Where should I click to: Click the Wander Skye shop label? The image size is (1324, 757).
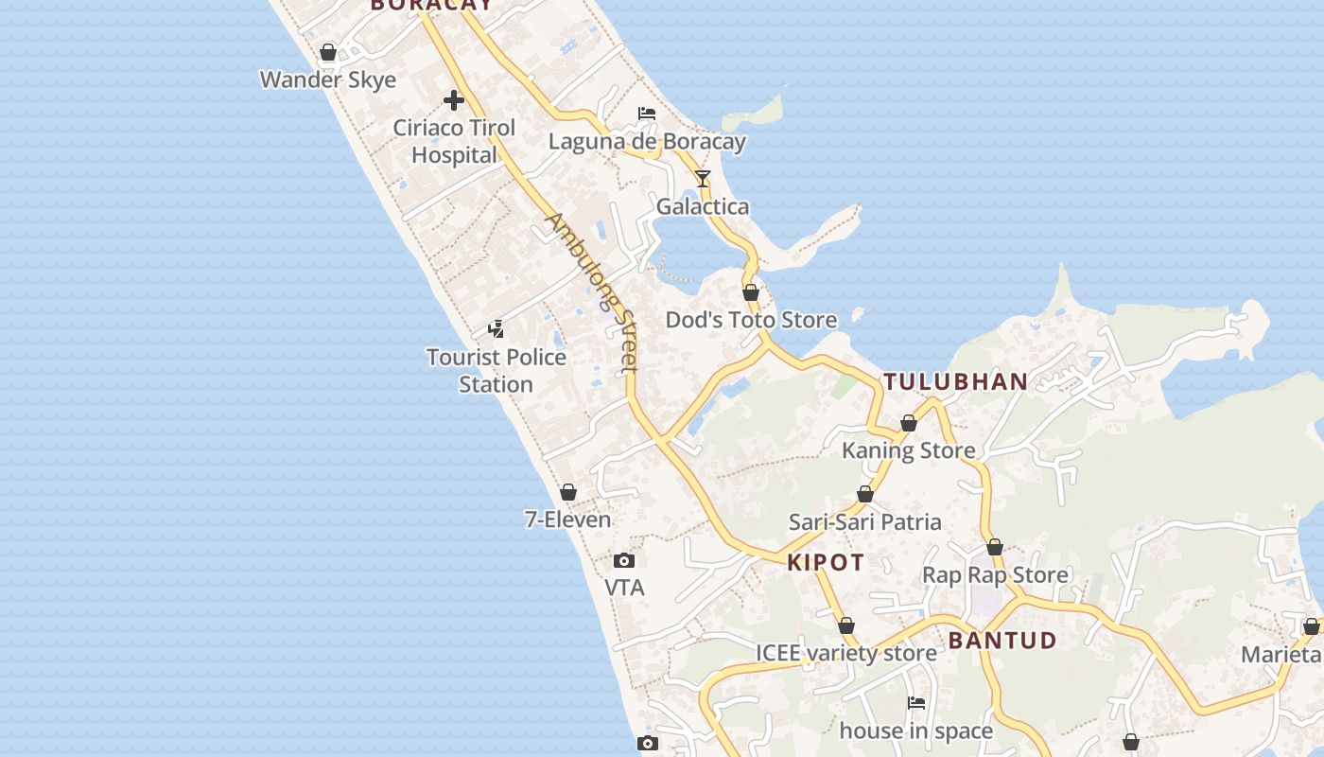click(328, 79)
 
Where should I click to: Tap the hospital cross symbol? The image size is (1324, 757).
click(454, 99)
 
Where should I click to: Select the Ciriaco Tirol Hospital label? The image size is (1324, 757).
click(454, 141)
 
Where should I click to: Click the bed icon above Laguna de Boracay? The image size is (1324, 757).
click(647, 114)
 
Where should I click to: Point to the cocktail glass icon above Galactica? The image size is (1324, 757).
click(702, 178)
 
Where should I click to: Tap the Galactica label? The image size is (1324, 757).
click(703, 206)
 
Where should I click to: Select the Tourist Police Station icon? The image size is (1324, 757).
click(496, 329)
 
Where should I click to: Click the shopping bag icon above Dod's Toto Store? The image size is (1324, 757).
click(751, 292)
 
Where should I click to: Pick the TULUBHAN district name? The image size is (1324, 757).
click(955, 382)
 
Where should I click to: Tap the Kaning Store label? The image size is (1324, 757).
click(908, 450)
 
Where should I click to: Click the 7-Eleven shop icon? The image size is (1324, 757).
click(568, 492)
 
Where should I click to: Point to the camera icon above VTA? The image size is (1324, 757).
click(624, 560)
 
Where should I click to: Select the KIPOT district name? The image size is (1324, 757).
click(826, 563)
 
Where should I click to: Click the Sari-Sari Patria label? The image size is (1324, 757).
click(865, 521)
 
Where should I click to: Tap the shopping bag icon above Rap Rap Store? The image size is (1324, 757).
click(995, 547)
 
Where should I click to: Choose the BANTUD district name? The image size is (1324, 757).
click(1002, 641)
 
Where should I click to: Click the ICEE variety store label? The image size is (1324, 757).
click(846, 653)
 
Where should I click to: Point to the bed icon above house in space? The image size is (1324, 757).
click(916, 703)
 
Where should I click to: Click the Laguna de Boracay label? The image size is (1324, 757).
click(647, 142)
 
